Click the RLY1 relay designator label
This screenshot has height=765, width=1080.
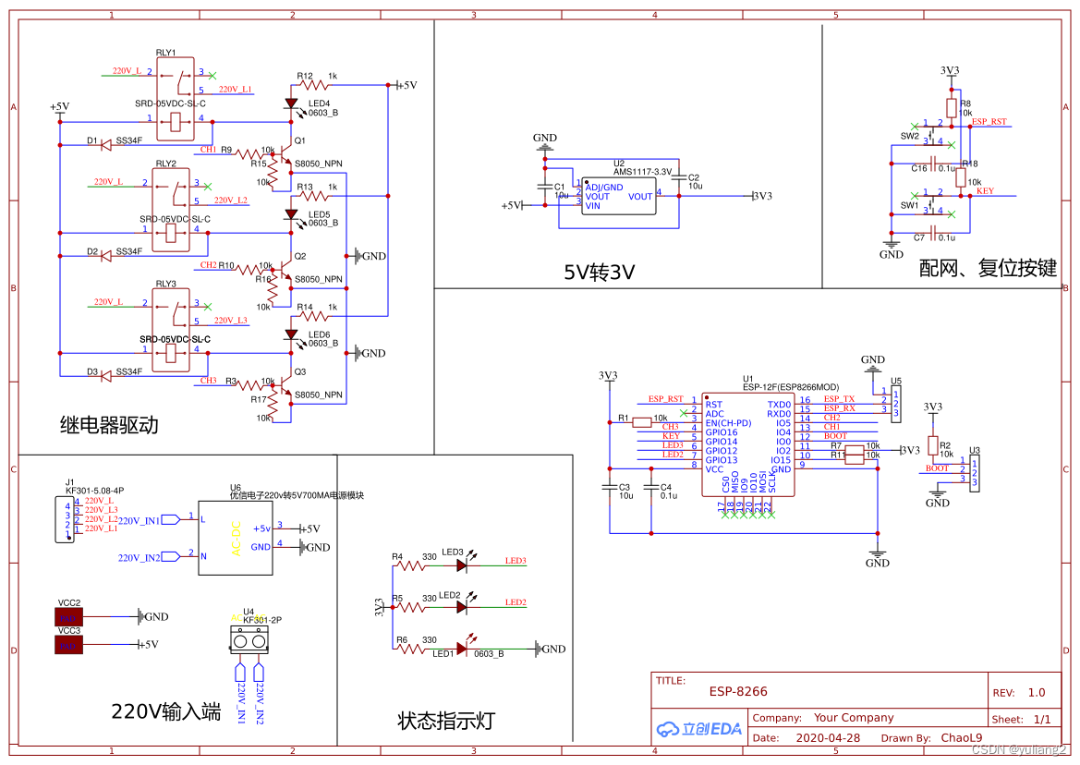pos(167,54)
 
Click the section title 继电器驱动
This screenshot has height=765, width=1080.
pos(109,425)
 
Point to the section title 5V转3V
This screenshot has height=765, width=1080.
pos(600,272)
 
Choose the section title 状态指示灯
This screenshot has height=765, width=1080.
pos(446,721)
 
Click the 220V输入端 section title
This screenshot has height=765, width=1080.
pos(166,711)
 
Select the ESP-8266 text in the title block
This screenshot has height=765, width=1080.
pos(738,691)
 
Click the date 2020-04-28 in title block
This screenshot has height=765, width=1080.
pos(827,738)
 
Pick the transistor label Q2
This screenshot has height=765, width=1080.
pos(299,256)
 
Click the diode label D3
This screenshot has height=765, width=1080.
pos(92,371)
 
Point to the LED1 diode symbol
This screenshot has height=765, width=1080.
pos(462,649)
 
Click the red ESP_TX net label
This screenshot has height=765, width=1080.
pos(839,399)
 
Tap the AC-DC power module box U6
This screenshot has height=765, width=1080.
pos(236,538)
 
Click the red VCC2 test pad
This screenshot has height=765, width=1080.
pos(69,616)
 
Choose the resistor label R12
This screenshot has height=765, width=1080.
pos(305,76)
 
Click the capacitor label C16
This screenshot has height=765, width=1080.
pos(919,168)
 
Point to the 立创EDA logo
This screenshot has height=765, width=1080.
pos(699,728)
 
